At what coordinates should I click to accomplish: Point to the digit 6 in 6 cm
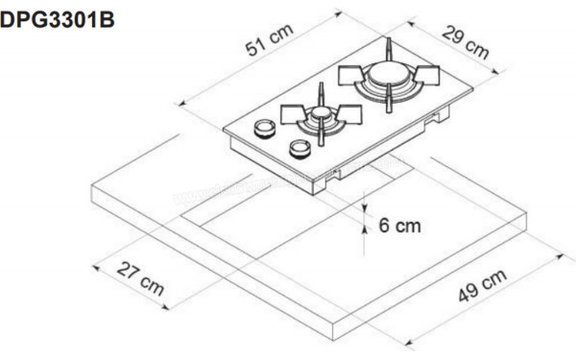(x=383, y=227)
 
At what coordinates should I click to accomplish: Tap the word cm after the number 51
(x=281, y=36)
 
